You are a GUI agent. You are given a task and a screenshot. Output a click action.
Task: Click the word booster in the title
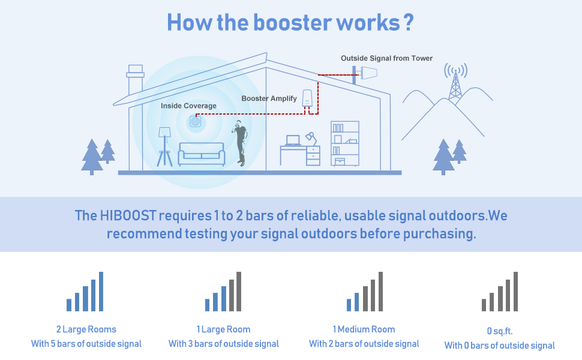point(293,23)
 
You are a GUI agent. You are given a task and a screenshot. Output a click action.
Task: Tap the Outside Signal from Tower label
point(386,58)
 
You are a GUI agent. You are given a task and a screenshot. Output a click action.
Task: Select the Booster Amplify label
point(269,98)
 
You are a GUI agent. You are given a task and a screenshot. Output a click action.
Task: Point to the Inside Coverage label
point(188,106)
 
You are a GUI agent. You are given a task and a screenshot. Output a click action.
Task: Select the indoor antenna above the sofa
point(195,121)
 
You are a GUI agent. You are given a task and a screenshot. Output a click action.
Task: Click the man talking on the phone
point(240,143)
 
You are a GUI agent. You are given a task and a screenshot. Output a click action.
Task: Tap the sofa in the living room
point(201,154)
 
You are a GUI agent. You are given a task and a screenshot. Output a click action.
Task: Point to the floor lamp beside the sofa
point(164,146)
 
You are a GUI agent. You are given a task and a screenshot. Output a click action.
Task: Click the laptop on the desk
point(293,140)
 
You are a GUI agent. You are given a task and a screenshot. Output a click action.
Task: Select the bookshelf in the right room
point(345,143)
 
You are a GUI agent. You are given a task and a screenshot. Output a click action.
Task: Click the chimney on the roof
point(136,80)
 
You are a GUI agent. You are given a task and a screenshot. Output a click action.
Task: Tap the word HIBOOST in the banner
point(128,215)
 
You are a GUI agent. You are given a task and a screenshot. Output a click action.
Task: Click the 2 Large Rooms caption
point(86,329)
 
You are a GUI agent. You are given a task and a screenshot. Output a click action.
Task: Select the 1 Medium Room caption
point(364,329)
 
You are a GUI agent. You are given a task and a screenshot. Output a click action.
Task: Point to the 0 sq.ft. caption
point(500,331)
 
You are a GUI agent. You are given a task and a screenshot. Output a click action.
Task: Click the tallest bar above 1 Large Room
point(239,292)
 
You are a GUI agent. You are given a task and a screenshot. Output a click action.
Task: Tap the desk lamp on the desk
point(311,139)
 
